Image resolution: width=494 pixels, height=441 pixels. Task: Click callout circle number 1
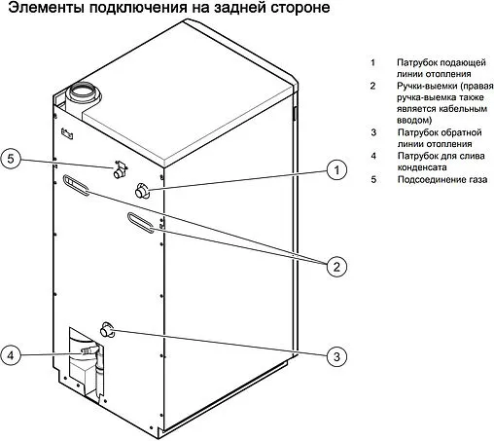tap(335, 170)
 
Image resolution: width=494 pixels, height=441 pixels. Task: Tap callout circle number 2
tap(335, 265)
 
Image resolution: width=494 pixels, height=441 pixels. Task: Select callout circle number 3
tap(335, 356)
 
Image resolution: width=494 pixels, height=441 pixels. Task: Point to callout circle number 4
tap(12, 354)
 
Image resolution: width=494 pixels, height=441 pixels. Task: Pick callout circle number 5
tap(12, 160)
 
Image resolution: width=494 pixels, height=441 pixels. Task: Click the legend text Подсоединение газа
tap(435, 179)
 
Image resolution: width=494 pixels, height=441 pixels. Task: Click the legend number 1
tap(372, 62)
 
